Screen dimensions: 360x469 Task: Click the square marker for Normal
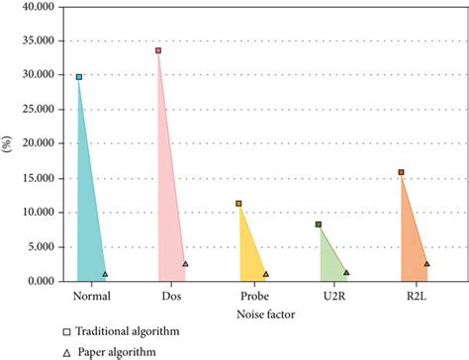coord(79,76)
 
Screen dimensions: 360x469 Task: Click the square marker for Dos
coord(158,50)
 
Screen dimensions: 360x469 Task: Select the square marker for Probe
coord(238,204)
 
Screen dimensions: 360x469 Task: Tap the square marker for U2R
coord(319,225)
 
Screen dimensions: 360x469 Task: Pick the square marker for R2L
coord(401,172)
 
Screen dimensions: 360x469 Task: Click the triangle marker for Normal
coord(105,274)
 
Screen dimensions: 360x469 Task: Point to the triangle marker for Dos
coord(185,264)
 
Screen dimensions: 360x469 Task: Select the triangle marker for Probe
coord(266,274)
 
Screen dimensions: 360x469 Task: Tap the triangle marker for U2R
coord(346,272)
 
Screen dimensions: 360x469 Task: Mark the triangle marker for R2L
coord(427,264)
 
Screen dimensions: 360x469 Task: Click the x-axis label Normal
coord(92,296)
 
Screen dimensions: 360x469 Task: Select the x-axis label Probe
coord(252,296)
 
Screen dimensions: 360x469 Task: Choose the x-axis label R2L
coord(415,296)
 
